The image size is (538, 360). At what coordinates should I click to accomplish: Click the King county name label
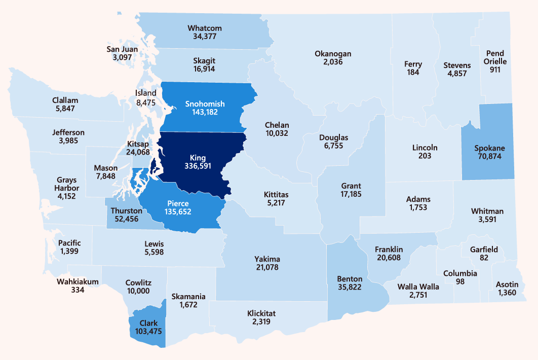click(198, 157)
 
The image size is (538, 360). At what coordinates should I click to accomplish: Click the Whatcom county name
click(205, 28)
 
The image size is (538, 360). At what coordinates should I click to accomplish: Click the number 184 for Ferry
click(412, 73)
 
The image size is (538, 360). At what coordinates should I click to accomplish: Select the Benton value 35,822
click(350, 287)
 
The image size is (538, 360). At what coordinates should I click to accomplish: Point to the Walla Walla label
click(418, 286)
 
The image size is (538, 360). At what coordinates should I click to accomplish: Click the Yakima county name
click(267, 259)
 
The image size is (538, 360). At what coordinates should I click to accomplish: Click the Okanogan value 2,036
click(332, 62)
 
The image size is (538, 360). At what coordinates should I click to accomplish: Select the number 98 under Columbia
click(460, 281)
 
